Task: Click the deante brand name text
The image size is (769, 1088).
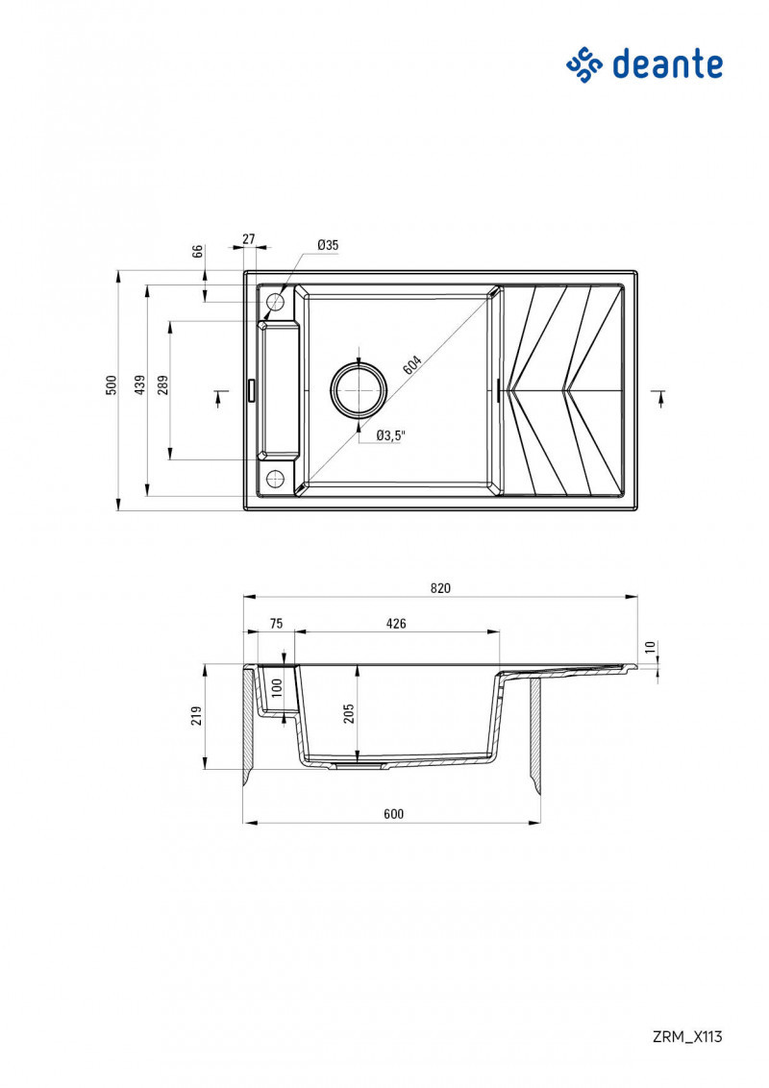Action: (666, 64)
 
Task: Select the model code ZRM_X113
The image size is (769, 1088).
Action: (686, 1036)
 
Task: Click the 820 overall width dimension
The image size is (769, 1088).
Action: (440, 588)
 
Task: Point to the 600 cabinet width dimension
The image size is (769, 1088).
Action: (392, 814)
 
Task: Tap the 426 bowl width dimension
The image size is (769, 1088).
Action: (396, 624)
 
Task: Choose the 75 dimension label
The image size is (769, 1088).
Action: (276, 624)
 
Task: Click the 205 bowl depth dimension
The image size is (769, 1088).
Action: (349, 712)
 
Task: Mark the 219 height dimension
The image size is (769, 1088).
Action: (197, 715)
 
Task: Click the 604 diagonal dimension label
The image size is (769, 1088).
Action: (411, 366)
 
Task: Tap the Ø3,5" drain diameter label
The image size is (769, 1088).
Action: (390, 435)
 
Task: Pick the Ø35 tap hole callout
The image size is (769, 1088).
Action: (328, 246)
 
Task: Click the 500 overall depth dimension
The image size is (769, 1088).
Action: (112, 385)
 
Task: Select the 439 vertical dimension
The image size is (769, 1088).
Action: (140, 385)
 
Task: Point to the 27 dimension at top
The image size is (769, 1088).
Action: (248, 238)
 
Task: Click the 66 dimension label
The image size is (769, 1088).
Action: (198, 252)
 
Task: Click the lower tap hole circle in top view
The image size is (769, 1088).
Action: (275, 478)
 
